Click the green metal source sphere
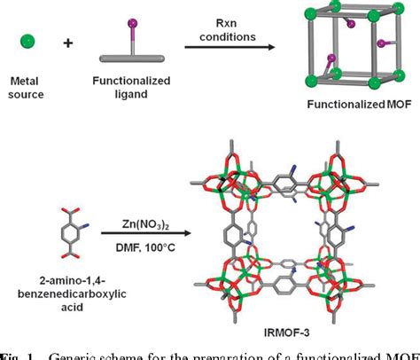coord(28,40)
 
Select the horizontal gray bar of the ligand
coord(130,59)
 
